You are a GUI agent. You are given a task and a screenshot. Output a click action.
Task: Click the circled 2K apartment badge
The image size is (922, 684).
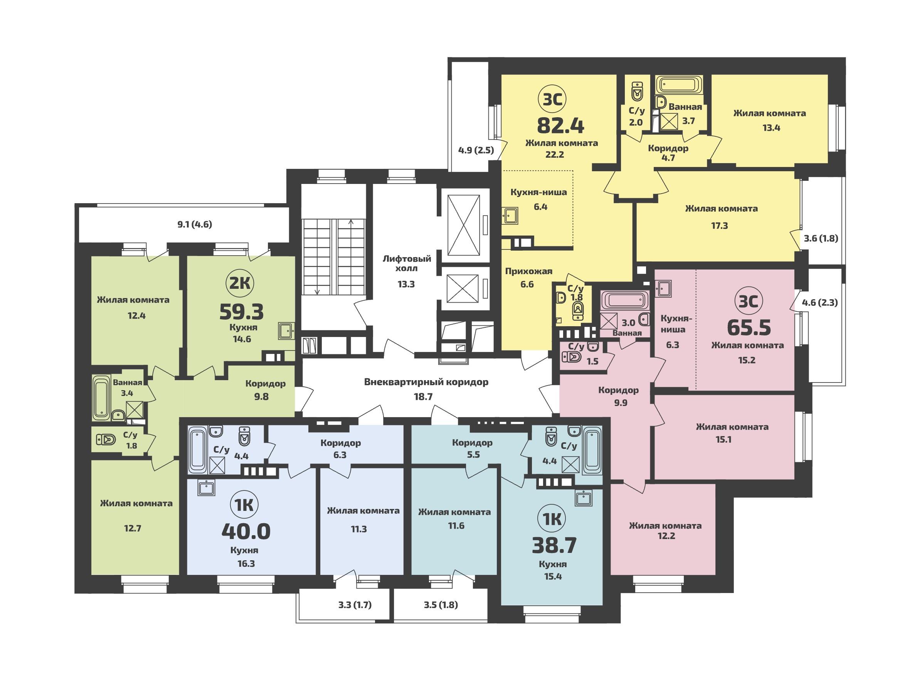pyautogui.click(x=240, y=284)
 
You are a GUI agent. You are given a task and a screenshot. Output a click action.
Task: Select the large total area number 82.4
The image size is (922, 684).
pyautogui.click(x=560, y=125)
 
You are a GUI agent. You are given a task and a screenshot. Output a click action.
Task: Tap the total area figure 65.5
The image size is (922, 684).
pyautogui.click(x=749, y=328)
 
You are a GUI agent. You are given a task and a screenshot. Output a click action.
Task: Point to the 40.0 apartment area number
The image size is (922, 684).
pyautogui.click(x=246, y=531)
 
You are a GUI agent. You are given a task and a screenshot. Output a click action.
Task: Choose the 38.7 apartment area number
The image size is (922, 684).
pyautogui.click(x=554, y=545)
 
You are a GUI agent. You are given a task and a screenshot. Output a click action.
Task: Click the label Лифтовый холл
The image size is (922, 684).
pyautogui.click(x=406, y=263)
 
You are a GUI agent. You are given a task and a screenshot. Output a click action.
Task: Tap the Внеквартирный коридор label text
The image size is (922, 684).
pyautogui.click(x=426, y=382)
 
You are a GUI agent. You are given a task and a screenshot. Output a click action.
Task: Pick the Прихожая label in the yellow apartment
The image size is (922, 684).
pyautogui.click(x=528, y=271)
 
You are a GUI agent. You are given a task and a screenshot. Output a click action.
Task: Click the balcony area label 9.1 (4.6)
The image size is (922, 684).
pyautogui.click(x=195, y=225)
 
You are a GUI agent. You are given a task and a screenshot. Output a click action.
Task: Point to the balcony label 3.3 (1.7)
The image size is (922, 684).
pyautogui.click(x=355, y=605)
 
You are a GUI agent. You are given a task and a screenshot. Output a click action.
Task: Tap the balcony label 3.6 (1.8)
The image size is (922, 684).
pyautogui.click(x=821, y=239)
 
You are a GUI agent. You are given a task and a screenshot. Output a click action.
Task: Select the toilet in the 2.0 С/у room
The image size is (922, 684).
pyautogui.click(x=638, y=91)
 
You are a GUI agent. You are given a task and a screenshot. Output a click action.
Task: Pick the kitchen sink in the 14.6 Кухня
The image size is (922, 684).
pyautogui.click(x=286, y=331)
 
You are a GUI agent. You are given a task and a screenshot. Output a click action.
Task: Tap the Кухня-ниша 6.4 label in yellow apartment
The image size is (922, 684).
pyautogui.click(x=538, y=200)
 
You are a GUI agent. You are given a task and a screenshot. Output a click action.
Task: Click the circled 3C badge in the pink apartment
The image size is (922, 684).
pyautogui.click(x=749, y=302)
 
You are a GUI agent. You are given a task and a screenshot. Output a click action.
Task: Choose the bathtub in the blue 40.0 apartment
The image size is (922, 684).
pyautogui.click(x=197, y=450)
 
